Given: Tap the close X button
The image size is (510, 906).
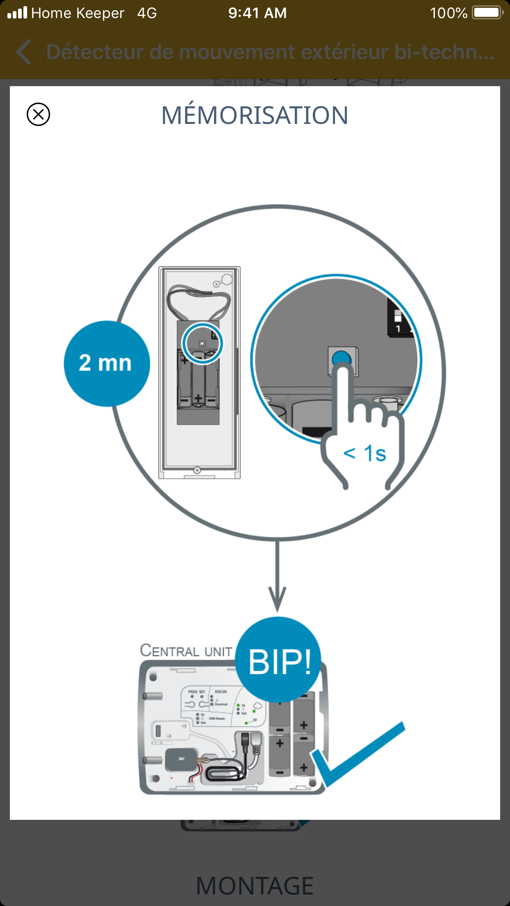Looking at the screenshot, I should pyautogui.click(x=38, y=114).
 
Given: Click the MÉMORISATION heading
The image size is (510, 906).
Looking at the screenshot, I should pyautogui.click(x=255, y=115).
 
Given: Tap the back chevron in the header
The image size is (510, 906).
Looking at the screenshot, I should pyautogui.click(x=24, y=52).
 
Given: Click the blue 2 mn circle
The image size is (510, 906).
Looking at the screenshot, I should pyautogui.click(x=107, y=364).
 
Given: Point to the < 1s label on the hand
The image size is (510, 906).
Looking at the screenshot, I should pyautogui.click(x=365, y=454).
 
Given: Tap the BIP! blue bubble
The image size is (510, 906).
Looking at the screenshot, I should pyautogui.click(x=279, y=661).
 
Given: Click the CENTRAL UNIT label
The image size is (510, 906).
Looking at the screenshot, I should pyautogui.click(x=186, y=651).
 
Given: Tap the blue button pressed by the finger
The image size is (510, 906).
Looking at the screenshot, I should pyautogui.click(x=342, y=358).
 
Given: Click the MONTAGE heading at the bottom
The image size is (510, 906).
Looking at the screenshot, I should pyautogui.click(x=255, y=885).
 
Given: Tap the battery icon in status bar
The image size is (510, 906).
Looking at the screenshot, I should pyautogui.click(x=487, y=13).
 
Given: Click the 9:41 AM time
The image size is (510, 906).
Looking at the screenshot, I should pyautogui.click(x=257, y=13).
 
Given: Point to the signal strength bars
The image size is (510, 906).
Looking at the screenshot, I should pyautogui.click(x=17, y=13).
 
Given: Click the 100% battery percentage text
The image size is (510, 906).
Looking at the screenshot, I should pyautogui.click(x=448, y=13).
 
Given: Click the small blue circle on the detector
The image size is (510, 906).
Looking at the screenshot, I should pyautogui.click(x=202, y=343).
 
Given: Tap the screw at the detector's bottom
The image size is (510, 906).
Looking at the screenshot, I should pyautogui.click(x=197, y=470).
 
